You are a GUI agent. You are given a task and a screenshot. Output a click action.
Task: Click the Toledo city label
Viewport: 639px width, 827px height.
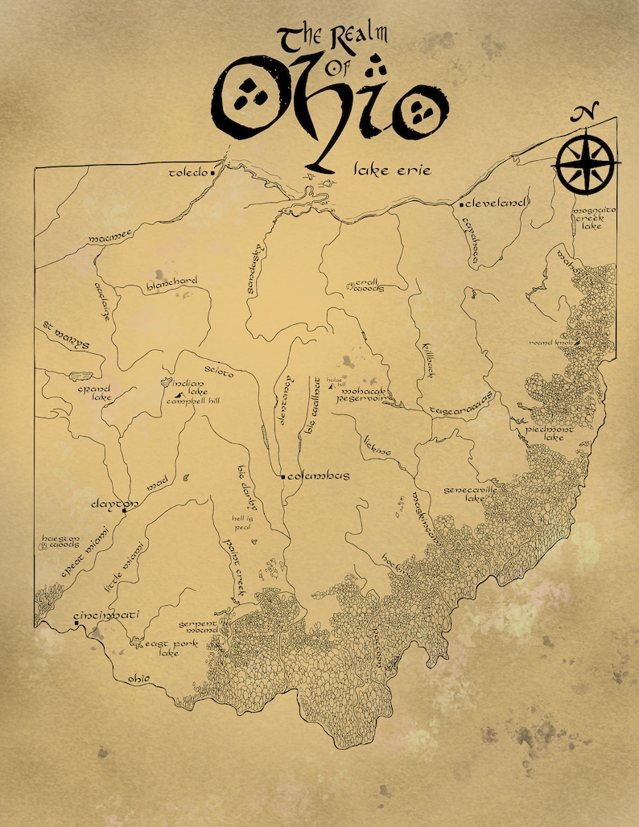click(188, 172)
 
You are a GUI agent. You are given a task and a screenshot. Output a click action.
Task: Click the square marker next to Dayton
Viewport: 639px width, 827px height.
click(125, 509)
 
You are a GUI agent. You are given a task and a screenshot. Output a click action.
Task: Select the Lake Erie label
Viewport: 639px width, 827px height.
click(393, 170)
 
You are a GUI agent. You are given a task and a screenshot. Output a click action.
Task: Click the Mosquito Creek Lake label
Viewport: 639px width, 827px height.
click(594, 219)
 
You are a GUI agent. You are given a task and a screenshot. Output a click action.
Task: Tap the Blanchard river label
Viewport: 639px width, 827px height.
click(171, 281)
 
